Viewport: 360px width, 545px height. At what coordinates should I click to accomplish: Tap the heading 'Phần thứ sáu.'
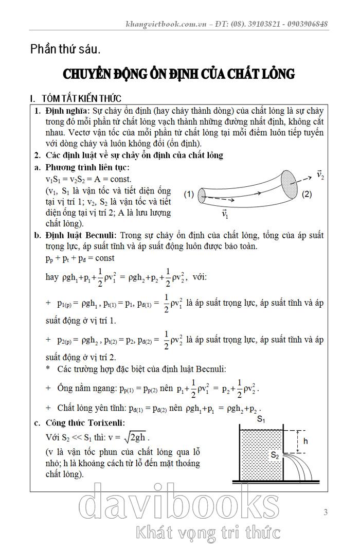click(65, 49)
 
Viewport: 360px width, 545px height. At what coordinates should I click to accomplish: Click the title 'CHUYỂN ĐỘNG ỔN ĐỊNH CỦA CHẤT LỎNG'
click(178, 74)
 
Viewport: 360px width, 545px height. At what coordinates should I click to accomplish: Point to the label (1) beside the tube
click(188, 195)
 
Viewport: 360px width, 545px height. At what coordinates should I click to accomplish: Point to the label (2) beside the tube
click(307, 194)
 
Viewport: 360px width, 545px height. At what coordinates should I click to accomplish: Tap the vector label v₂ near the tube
click(320, 175)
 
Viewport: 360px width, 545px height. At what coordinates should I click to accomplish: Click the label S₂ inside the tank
click(276, 455)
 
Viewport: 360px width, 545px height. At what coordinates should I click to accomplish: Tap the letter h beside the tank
click(305, 441)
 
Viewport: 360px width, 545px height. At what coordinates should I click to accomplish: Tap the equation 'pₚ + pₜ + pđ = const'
click(80, 258)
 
